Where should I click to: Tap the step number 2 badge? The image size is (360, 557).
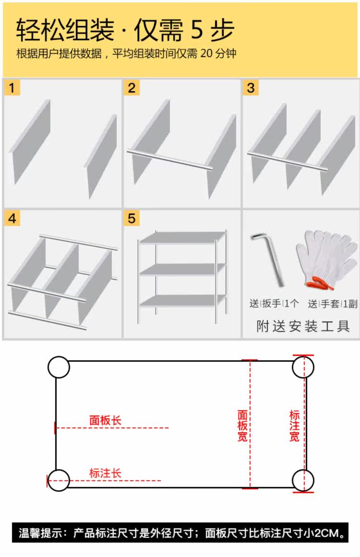(x=132, y=88)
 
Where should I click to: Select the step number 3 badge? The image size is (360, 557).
(x=251, y=88)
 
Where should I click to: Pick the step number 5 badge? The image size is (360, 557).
(x=132, y=219)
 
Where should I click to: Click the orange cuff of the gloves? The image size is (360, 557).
(x=322, y=284)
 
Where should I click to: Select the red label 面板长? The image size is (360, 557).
(x=105, y=421)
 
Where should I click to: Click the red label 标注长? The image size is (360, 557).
(x=105, y=473)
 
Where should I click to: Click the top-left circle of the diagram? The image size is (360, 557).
(x=59, y=367)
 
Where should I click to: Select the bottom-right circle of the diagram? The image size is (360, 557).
(x=303, y=480)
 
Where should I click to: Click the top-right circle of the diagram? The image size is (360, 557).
(x=303, y=367)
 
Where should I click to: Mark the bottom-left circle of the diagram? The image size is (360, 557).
(x=59, y=480)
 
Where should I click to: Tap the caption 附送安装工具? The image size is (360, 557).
(x=302, y=327)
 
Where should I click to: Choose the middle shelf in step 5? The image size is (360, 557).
(x=182, y=269)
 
